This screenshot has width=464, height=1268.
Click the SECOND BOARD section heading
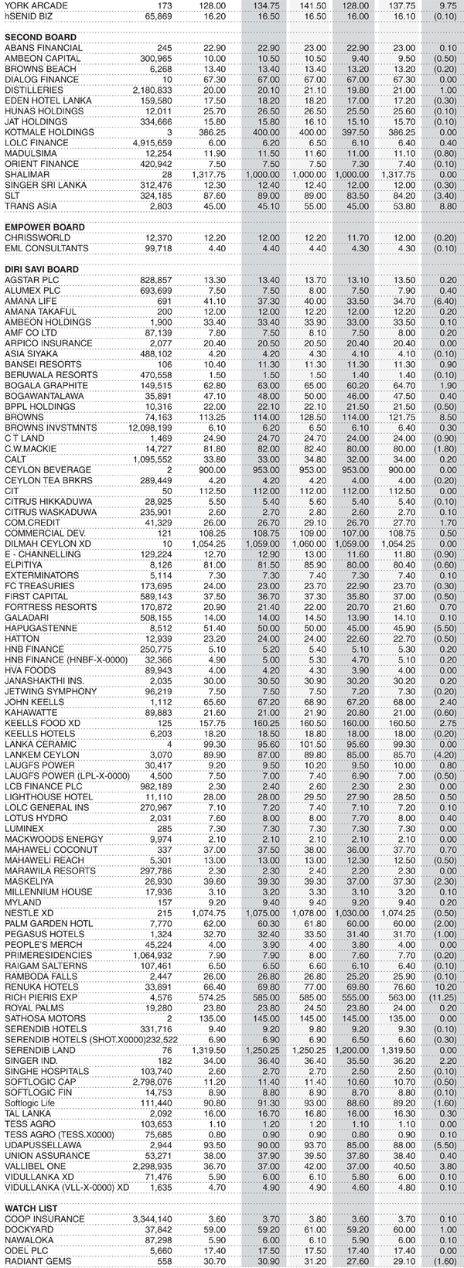click(x=40, y=37)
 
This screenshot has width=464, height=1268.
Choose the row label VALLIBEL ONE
click(x=36, y=1166)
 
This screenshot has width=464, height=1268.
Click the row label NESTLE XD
click(x=29, y=912)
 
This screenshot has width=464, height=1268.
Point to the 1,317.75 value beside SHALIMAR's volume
click(x=209, y=175)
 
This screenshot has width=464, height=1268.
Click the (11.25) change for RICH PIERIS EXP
click(x=443, y=997)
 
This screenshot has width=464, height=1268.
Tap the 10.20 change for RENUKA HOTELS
click(x=446, y=987)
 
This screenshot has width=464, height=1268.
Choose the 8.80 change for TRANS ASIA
click(x=448, y=206)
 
